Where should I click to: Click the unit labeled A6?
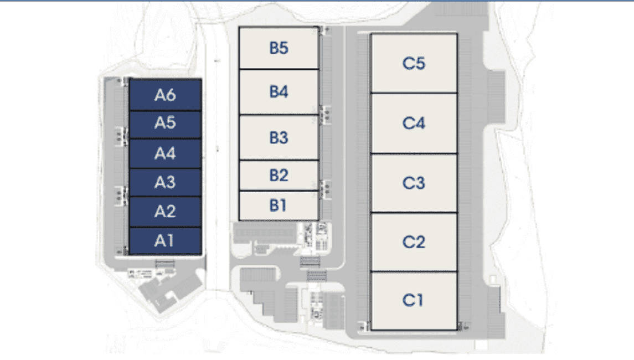165,95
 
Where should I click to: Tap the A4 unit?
165,153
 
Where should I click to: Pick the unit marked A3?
165,182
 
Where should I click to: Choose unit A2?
165,212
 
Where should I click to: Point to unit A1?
165,241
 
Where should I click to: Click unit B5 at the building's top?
279,48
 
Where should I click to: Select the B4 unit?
279,92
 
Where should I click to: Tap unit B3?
279,137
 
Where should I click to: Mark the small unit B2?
279,176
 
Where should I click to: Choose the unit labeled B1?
279,205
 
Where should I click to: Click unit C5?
414,63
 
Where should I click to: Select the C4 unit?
414,123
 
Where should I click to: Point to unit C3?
414,183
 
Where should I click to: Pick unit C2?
414,242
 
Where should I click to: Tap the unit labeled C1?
414,301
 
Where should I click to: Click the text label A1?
164,240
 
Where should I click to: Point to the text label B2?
279,176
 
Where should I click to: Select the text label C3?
414,183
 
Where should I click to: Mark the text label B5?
279,48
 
